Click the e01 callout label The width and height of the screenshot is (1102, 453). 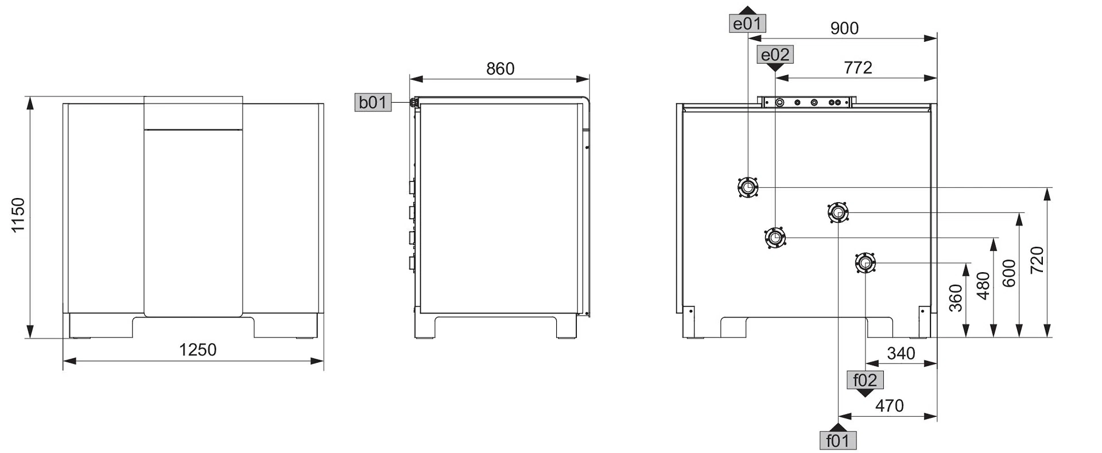747,24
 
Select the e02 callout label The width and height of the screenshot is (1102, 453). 775,55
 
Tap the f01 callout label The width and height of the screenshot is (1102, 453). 838,440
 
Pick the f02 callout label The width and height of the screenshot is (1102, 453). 865,380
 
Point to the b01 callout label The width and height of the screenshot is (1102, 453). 373,102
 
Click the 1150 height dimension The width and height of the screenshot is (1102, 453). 18,215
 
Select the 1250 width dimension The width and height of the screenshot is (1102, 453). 197,350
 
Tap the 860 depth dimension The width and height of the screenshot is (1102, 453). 500,69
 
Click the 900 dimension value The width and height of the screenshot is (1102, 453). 844,28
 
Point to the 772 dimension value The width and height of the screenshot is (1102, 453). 858,68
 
